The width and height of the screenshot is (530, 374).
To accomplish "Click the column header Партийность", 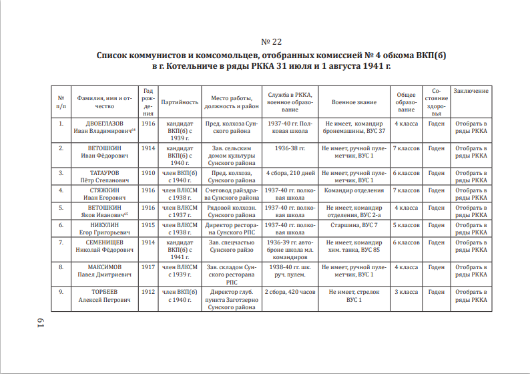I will [180, 102].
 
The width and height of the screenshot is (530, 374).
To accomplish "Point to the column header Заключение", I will [471, 91].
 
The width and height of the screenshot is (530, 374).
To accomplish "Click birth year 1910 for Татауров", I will [148, 173].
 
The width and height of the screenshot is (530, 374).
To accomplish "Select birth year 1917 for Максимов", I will [148, 267].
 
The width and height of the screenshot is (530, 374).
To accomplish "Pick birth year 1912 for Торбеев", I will [148, 292].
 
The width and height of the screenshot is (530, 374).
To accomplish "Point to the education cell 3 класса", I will [406, 292].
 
